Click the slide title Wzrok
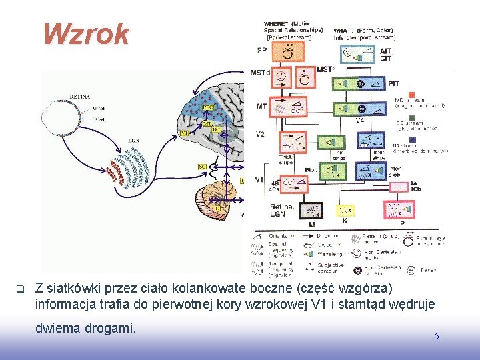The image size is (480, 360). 86,34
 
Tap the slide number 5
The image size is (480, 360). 437,336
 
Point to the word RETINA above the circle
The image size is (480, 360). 80,96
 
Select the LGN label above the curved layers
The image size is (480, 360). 133,141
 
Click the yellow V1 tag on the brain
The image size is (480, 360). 185,133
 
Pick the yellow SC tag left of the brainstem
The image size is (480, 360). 202,165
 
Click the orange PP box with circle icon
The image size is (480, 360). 288,51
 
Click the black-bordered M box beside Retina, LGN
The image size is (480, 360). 311,211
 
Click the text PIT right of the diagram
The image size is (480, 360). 393,83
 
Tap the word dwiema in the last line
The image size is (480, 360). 57,327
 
